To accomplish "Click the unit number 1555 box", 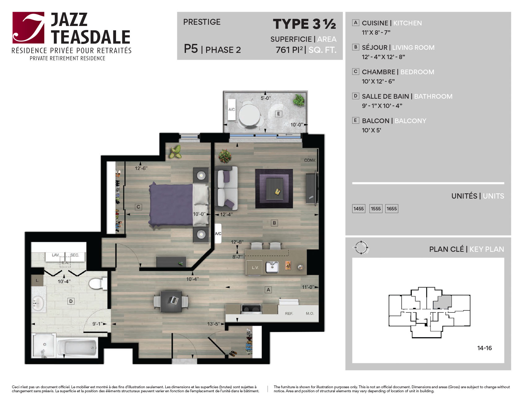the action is point(376,208).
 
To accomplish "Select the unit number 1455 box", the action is point(359,208).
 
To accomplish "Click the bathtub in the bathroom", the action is point(77,348).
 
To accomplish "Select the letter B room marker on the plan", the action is point(274,223).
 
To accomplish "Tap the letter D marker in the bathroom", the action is point(71,301).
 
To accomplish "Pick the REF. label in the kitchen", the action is point(289,314).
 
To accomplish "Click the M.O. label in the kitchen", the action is point(310,314).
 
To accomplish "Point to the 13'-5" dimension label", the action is point(214,324).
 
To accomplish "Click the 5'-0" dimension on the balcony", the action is point(266,98).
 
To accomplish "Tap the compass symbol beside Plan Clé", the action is point(361,247).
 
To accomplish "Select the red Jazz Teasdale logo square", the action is point(28,28).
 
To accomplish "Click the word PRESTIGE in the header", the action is point(202,22).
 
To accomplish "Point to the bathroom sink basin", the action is point(38,303).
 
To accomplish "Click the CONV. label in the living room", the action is point(310,160).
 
